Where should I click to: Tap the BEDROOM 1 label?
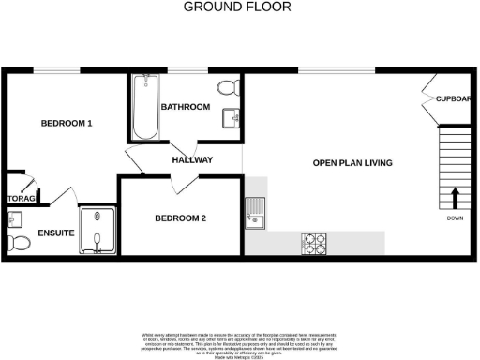(x=66, y=123)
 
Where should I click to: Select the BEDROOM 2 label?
(x=180, y=218)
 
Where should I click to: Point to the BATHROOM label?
(x=185, y=107)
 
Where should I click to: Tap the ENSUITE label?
(x=55, y=232)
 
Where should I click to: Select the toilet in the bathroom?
(x=227, y=89)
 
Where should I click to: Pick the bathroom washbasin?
(x=230, y=118)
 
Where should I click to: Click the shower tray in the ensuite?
(x=98, y=231)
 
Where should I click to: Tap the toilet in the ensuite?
(x=15, y=243)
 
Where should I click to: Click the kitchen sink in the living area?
(x=255, y=215)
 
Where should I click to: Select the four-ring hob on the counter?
(x=315, y=241)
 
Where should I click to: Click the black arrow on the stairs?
(x=456, y=198)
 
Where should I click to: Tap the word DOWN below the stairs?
(x=455, y=219)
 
